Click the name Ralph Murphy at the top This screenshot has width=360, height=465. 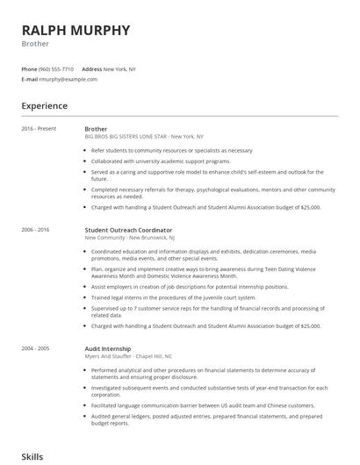[76, 30]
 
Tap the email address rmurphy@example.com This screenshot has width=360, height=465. [68, 79]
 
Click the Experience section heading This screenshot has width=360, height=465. [44, 105]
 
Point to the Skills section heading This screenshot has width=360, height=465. [33, 456]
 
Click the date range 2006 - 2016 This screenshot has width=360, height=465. [36, 229]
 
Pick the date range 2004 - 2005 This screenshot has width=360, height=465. [36, 324]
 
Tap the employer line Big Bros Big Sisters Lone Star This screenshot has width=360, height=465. [143, 137]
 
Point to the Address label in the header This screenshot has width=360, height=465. [91, 68]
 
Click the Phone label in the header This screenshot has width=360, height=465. [29, 68]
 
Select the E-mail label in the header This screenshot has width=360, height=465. [29, 79]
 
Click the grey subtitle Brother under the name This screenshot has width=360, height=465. [35, 43]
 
